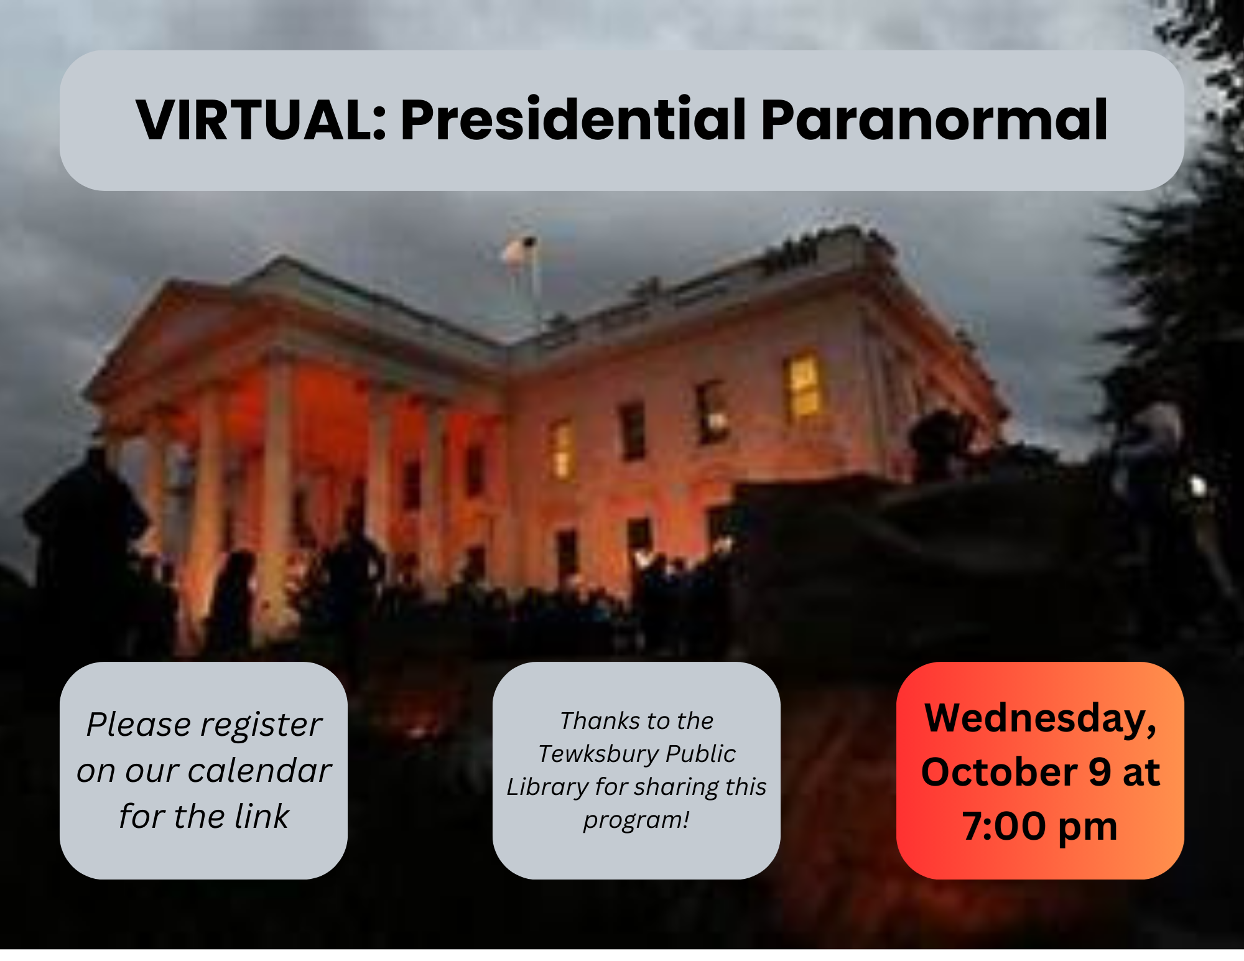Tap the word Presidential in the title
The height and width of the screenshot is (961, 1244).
click(573, 119)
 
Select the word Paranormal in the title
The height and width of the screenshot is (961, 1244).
click(934, 119)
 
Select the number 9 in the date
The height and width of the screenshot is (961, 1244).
click(1100, 772)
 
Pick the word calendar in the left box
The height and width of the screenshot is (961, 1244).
click(260, 771)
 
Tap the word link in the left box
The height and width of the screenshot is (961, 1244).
click(262, 816)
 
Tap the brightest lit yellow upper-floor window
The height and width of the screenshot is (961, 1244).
click(804, 386)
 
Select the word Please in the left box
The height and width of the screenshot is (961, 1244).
click(139, 725)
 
